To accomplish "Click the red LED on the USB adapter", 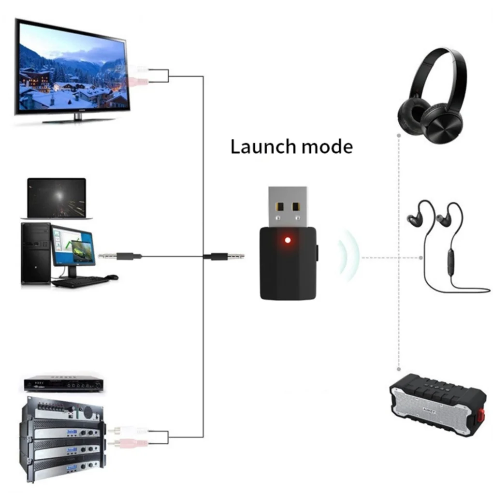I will [288, 240].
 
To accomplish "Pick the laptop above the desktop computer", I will [57, 198].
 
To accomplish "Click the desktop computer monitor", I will [73, 246].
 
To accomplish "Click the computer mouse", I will [112, 277].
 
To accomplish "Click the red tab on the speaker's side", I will [481, 415].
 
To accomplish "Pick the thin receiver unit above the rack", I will [63, 384].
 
